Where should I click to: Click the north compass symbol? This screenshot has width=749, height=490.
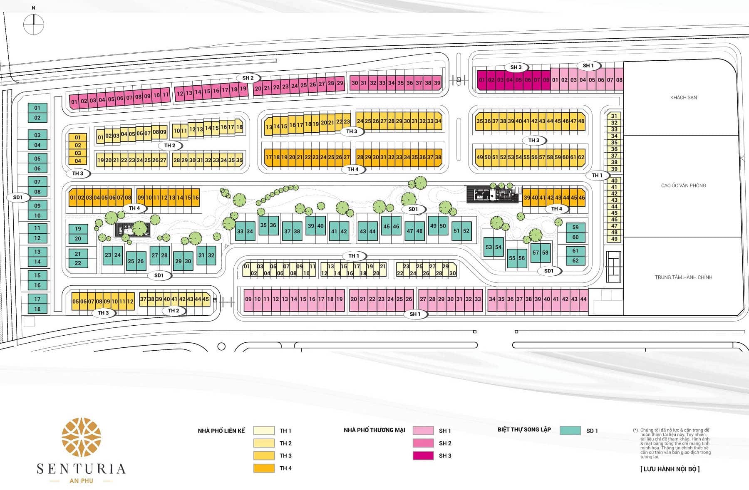[34, 25]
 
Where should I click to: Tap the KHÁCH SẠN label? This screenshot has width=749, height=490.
[683, 98]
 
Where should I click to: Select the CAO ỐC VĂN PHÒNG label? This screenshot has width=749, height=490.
[683, 186]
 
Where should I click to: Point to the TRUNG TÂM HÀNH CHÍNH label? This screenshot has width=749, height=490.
[683, 277]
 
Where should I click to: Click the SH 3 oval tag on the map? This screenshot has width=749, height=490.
[516, 67]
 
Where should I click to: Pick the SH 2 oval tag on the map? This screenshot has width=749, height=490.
[248, 78]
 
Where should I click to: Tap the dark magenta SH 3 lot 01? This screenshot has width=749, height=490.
[482, 80]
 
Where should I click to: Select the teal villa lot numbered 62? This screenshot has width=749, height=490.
[575, 260]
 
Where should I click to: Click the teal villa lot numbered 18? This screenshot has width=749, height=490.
[37, 309]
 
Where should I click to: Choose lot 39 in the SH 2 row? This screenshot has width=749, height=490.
[437, 83]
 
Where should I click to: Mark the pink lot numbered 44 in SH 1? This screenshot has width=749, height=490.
[583, 299]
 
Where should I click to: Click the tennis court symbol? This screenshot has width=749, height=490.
[613, 267]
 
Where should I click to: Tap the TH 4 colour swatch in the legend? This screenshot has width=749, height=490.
[264, 468]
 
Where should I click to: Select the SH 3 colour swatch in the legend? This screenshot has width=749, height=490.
[423, 456]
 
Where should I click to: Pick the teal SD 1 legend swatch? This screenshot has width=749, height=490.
[570, 431]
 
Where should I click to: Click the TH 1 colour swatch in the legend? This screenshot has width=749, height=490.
[264, 431]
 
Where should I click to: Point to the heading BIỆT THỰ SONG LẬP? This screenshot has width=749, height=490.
[524, 430]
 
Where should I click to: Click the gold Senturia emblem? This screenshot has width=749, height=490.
[82, 437]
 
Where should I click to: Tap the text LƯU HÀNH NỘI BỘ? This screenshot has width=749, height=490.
[670, 469]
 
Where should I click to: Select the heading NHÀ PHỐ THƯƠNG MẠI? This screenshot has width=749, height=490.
[374, 430]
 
